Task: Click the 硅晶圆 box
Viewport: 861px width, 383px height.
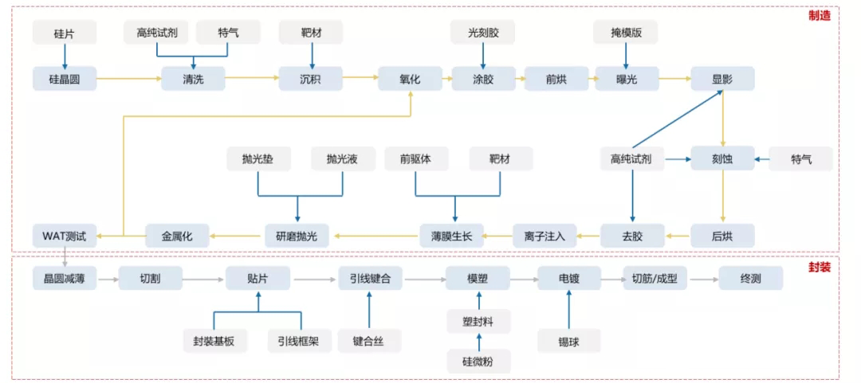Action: [x=65, y=78]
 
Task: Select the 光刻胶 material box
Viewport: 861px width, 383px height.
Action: [x=482, y=32]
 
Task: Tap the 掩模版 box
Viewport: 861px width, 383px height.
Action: [x=627, y=32]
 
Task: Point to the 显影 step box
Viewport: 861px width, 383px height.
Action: [x=721, y=78]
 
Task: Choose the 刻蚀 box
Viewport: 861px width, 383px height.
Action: [x=721, y=159]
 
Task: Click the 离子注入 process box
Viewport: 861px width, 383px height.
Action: [x=545, y=236]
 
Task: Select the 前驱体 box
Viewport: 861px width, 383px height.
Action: [x=415, y=159]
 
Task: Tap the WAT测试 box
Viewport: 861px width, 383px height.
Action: [x=65, y=236]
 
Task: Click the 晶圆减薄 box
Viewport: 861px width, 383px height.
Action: [x=65, y=279]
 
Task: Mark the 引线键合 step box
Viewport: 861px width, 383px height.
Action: [x=371, y=279]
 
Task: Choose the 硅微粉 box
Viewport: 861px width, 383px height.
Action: [x=478, y=361]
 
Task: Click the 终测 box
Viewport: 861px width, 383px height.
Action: [x=750, y=279]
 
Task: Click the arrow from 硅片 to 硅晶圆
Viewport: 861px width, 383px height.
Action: [x=65, y=55]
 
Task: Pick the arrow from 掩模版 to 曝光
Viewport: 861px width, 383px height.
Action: [x=627, y=55]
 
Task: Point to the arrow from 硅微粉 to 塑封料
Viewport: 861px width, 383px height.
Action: [x=478, y=341]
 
